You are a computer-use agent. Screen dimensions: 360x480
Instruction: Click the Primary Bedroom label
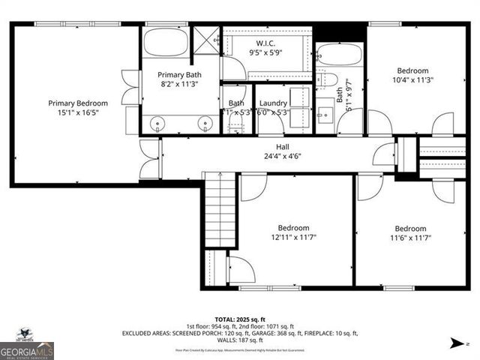[x=78, y=103]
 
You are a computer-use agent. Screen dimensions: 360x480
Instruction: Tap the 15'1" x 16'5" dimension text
[x=78, y=112]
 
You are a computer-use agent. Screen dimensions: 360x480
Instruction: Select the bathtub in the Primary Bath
[x=166, y=43]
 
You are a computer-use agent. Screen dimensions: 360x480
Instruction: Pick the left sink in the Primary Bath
[x=156, y=124]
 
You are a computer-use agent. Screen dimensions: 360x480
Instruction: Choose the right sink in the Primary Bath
[x=205, y=124]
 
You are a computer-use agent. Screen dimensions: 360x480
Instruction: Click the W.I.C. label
[x=266, y=42]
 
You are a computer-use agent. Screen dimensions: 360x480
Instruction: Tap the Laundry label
[x=273, y=103]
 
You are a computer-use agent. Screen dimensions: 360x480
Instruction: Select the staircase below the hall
[x=220, y=202]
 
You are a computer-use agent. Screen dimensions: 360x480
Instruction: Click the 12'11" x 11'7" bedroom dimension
[x=293, y=238]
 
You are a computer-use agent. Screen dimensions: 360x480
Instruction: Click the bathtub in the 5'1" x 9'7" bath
[x=340, y=55]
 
